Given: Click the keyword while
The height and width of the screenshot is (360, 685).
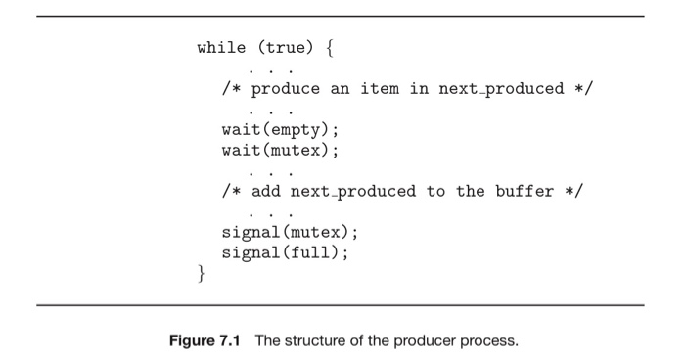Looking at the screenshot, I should pyautogui.click(x=221, y=47).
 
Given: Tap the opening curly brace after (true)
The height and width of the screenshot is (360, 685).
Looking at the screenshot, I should pyautogui.click(x=329, y=47).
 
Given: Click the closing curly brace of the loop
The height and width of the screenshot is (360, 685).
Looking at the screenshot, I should pyautogui.click(x=203, y=274).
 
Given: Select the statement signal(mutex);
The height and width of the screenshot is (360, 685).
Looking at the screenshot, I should pyautogui.click(x=291, y=232).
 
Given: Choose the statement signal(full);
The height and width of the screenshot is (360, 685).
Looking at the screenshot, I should pyautogui.click(x=286, y=252).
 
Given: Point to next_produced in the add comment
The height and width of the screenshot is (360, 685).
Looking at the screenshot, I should pyautogui.click(x=352, y=191).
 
